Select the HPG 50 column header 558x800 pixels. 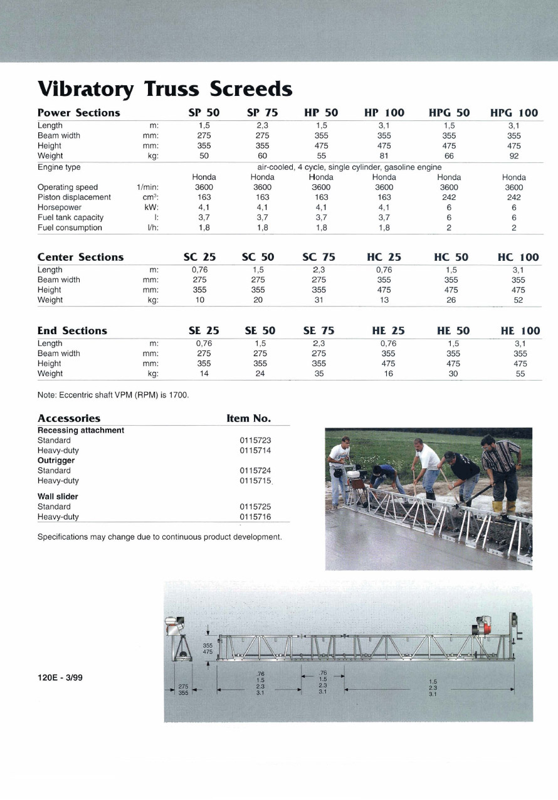[x=449, y=113]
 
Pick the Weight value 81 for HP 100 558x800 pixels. [x=384, y=155]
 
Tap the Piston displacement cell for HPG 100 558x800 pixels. [x=513, y=197]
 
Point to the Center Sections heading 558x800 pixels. [x=80, y=257]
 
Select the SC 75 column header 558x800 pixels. [x=318, y=257]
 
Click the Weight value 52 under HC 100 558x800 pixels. [x=518, y=300]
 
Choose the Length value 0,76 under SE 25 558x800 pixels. [x=204, y=344]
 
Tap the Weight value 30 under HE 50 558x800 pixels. [x=453, y=374]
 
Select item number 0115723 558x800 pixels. [x=255, y=441]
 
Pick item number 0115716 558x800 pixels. [x=255, y=517]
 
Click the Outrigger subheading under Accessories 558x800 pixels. [x=56, y=461]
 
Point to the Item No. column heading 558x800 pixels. [x=248, y=418]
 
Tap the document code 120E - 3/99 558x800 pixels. [x=60, y=678]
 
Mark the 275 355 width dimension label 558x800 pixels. [x=183, y=690]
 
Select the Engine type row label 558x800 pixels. [x=59, y=167]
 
